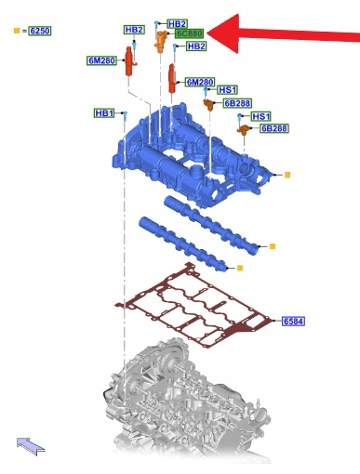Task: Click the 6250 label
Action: click(40, 31)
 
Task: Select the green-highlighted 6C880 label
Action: click(189, 33)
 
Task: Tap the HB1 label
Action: click(104, 113)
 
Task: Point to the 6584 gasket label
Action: click(293, 322)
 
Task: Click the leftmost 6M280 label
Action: click(101, 60)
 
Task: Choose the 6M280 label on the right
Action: click(200, 82)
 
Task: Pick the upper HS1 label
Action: click(228, 90)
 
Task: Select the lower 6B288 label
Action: click(274, 128)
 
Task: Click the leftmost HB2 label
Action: click(134, 30)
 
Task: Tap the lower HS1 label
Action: click(261, 116)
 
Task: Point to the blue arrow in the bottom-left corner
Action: click(31, 446)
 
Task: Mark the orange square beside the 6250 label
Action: click(17, 31)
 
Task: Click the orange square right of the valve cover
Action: click(287, 175)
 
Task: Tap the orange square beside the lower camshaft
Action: click(239, 268)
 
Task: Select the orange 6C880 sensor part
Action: click(161, 42)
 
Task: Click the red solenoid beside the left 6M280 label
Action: click(129, 61)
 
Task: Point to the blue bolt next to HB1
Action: click(125, 116)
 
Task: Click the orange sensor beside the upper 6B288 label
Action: click(210, 105)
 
